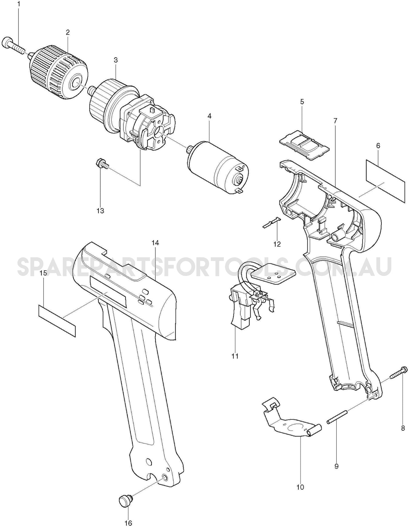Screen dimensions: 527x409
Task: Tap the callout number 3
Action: (x=116, y=60)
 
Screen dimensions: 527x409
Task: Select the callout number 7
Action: (x=335, y=121)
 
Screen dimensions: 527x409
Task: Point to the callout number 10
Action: (x=300, y=487)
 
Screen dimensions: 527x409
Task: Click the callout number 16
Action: (x=128, y=523)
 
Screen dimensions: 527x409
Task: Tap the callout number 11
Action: (x=235, y=356)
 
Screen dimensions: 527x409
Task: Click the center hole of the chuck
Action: (x=76, y=82)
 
